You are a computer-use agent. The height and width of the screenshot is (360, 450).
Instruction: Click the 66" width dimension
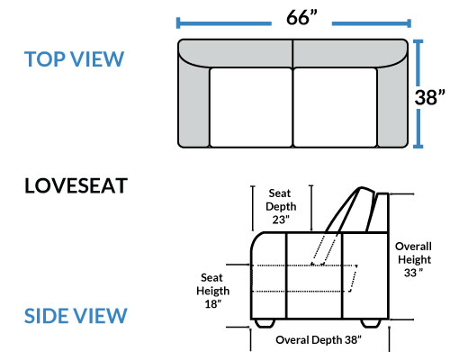point(301,17)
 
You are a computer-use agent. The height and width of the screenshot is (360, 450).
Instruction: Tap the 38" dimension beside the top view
point(429,97)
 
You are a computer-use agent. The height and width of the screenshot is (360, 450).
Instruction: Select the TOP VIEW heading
point(74,58)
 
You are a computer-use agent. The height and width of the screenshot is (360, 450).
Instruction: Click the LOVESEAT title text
point(76,185)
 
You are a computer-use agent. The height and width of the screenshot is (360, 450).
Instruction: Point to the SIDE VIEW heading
point(76,316)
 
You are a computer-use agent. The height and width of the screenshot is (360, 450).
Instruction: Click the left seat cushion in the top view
point(251,107)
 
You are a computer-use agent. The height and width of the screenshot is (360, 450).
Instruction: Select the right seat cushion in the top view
point(335,107)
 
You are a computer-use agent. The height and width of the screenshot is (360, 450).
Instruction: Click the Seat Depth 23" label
point(281,206)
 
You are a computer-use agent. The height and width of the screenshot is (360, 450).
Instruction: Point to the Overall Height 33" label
point(414,259)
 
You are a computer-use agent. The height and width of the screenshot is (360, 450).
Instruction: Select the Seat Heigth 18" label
point(212,291)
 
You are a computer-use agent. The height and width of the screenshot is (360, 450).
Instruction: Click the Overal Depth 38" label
point(319,340)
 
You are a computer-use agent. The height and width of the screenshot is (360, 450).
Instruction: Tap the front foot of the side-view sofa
point(265,323)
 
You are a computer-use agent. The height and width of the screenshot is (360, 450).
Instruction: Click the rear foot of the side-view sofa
point(371,323)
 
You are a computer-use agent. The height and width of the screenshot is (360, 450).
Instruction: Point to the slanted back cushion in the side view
point(351,210)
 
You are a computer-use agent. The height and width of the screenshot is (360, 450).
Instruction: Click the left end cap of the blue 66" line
point(178,23)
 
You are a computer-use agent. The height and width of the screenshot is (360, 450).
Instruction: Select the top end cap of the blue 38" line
point(418,41)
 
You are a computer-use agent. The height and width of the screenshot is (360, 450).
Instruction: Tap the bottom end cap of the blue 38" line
point(418,147)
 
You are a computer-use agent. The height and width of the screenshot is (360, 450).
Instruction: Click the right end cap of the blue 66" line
point(409,23)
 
